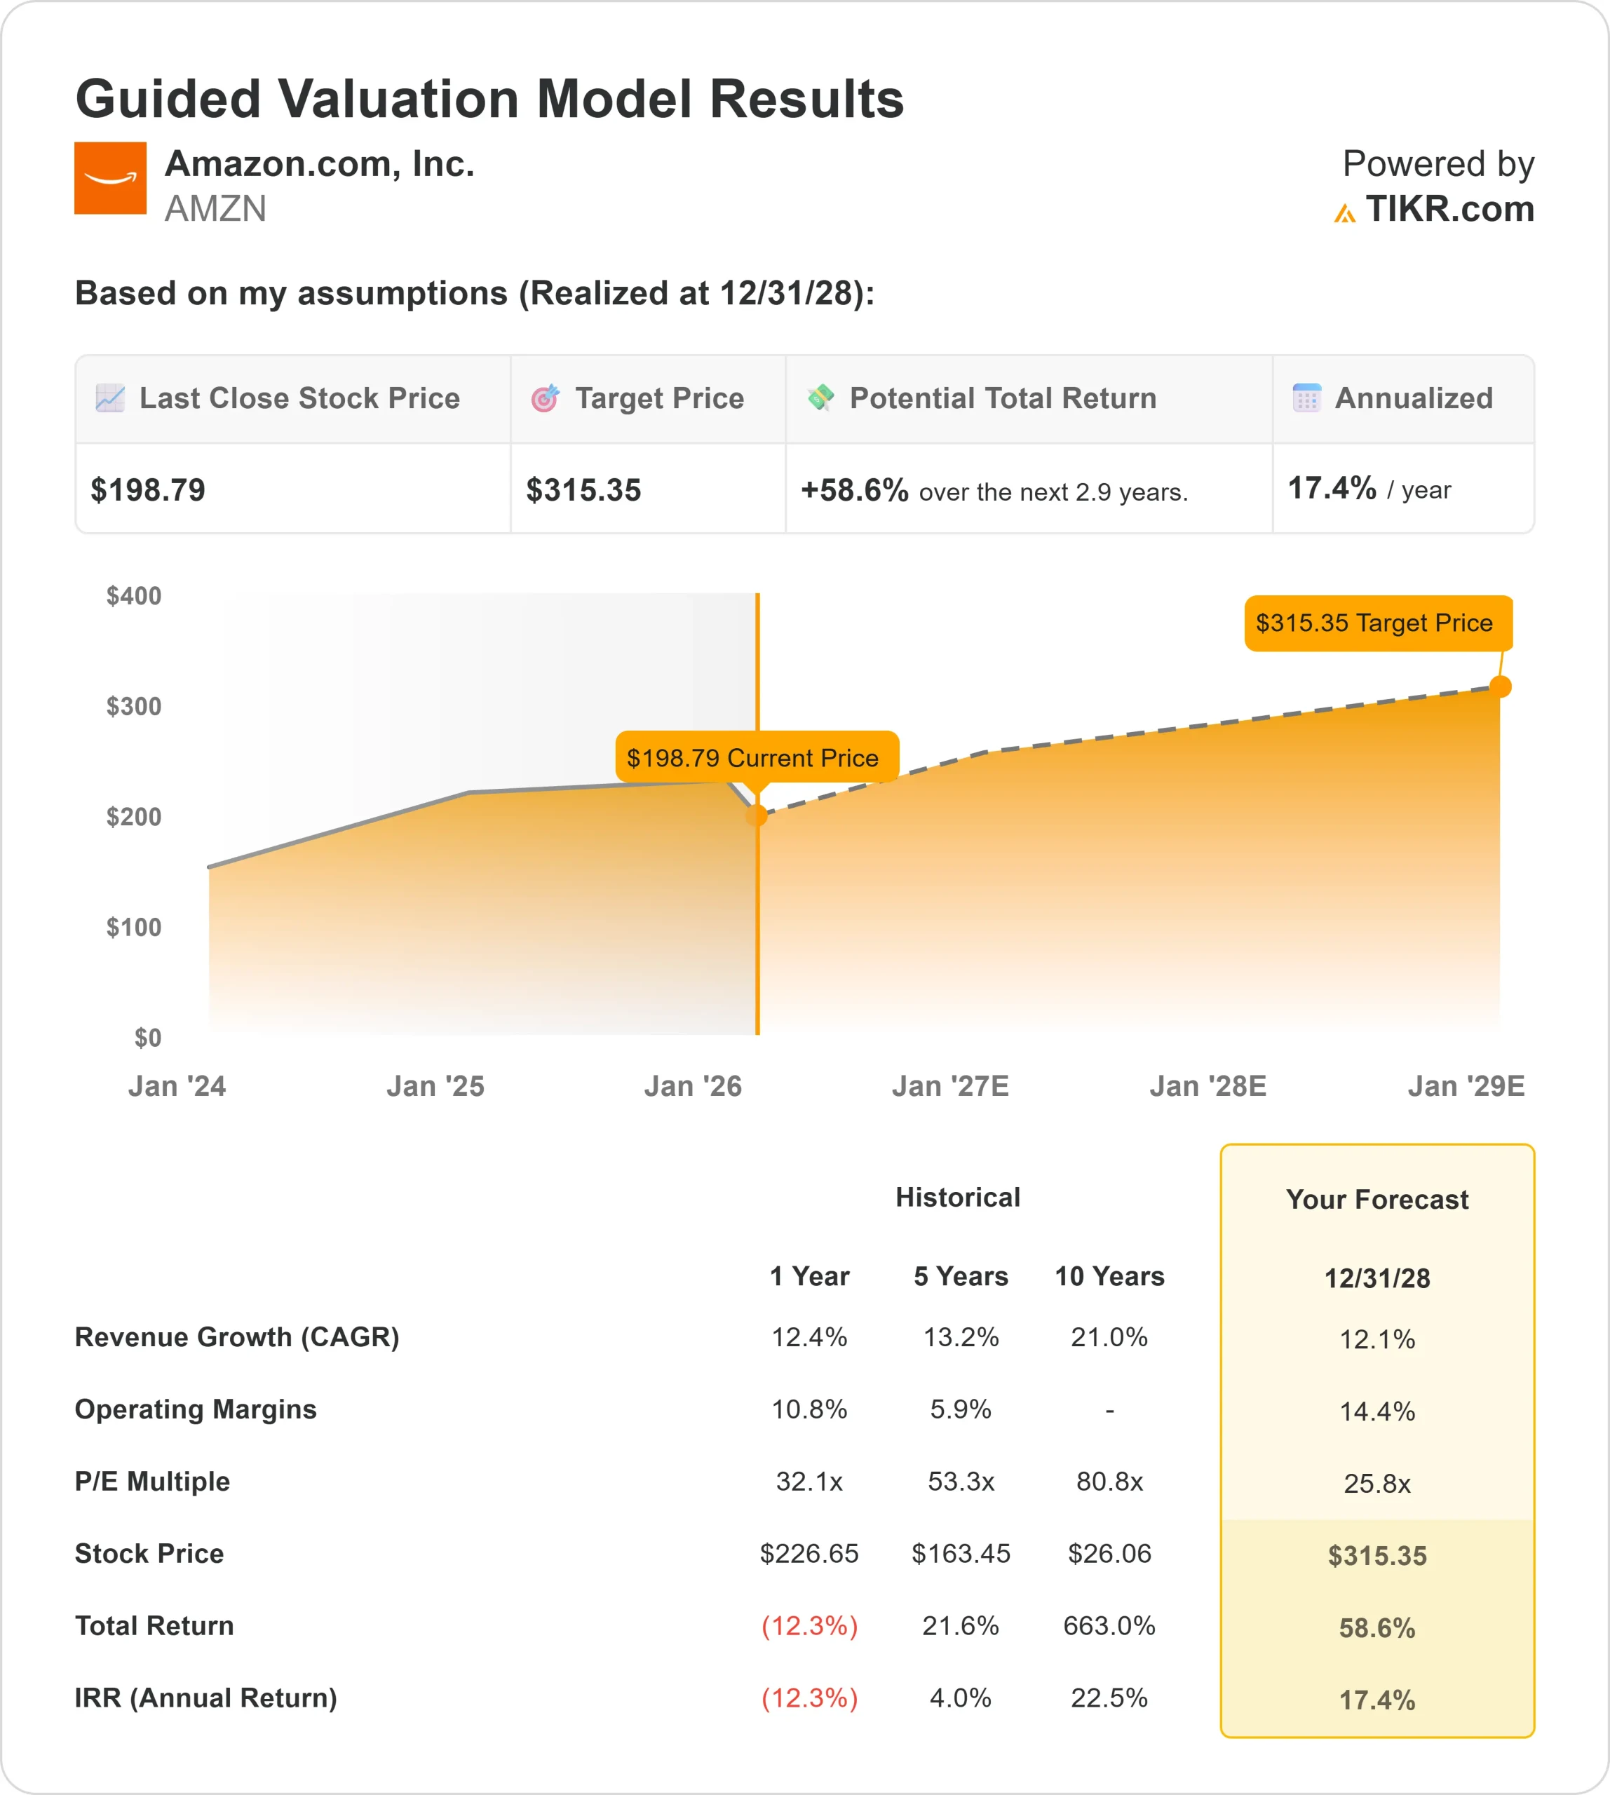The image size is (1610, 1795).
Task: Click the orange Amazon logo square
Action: click(x=109, y=178)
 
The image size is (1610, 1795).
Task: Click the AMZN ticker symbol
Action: click(x=215, y=210)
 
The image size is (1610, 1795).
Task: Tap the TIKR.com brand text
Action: click(x=1449, y=210)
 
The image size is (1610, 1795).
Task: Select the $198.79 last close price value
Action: click(x=148, y=490)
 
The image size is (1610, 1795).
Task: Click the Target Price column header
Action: click(x=659, y=398)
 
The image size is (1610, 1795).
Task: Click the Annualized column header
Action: click(x=1413, y=398)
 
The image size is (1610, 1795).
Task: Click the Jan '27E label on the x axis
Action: click(x=950, y=1085)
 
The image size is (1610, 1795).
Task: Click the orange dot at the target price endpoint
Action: click(x=1501, y=686)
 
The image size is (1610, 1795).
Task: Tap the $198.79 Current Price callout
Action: click(x=753, y=757)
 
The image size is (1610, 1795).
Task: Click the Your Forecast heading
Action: click(x=1376, y=1200)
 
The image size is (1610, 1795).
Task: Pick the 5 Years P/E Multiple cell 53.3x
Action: click(x=961, y=1482)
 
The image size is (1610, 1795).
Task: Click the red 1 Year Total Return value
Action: click(x=809, y=1626)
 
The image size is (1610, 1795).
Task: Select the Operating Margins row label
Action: click(x=196, y=1409)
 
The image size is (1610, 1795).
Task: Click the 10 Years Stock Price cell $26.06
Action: click(x=1109, y=1554)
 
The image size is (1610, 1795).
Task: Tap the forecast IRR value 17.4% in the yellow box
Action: click(x=1376, y=1700)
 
